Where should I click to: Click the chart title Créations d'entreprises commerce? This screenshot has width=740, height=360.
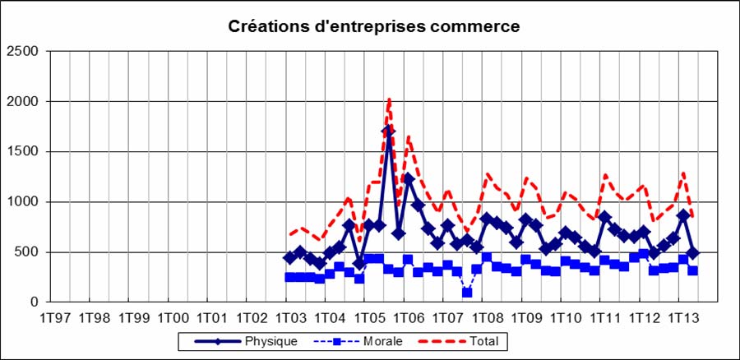(373, 26)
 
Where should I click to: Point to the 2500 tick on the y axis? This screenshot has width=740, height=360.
(23, 52)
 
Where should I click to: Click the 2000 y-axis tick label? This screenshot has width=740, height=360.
(23, 102)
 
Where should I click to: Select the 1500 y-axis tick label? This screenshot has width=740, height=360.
(23, 152)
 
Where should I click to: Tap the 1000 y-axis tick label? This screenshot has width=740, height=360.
(23, 202)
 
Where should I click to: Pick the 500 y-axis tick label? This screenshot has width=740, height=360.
(27, 252)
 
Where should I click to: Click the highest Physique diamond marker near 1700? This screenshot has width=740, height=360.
(388, 132)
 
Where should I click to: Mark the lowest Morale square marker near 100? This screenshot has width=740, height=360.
(467, 293)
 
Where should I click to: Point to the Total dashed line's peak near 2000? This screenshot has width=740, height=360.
(389, 101)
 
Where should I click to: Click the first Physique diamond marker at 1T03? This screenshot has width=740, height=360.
(289, 257)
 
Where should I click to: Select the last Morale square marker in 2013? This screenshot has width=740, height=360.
(693, 270)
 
